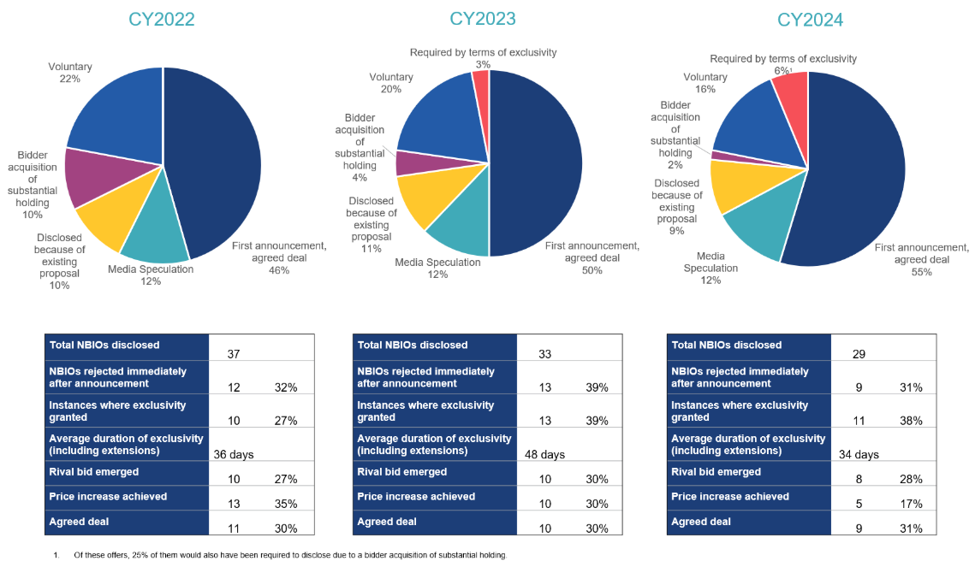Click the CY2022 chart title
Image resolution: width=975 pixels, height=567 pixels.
[162, 19]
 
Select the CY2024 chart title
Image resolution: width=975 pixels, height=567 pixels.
[810, 20]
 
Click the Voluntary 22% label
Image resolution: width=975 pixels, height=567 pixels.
[70, 73]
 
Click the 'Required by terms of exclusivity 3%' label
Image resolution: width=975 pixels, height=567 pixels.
[483, 58]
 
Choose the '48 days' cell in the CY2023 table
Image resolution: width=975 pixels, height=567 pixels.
[544, 455]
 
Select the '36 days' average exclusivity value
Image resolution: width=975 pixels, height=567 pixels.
[233, 455]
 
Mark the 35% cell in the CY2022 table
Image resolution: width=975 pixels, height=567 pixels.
[284, 504]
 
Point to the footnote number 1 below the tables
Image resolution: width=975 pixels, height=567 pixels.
[56, 555]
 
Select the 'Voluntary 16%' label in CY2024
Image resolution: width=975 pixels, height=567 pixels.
[705, 83]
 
